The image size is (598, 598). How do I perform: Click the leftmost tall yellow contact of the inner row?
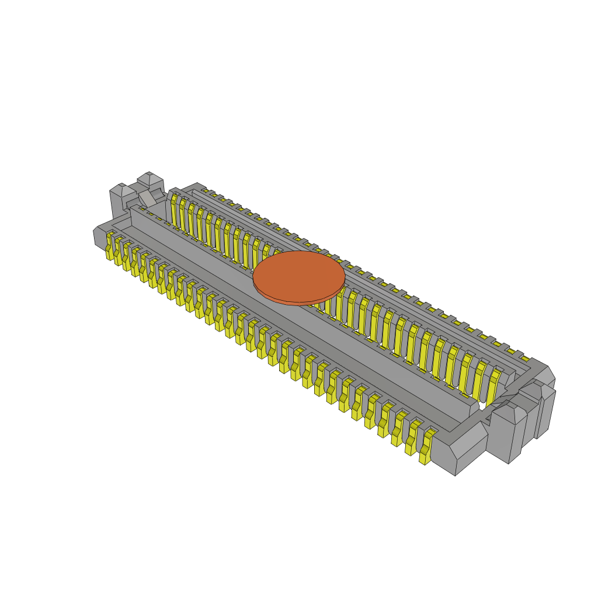tap(174, 210)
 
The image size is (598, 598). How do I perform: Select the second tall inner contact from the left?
tap(183, 215)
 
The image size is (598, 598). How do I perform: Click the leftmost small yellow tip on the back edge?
tap(205, 190)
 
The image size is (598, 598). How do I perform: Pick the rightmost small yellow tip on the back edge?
tap(526, 359)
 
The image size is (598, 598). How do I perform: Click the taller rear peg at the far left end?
tap(151, 182)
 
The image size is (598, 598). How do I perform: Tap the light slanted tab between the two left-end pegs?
tap(147, 198)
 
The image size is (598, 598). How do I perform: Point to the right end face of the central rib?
tap(474, 409)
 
